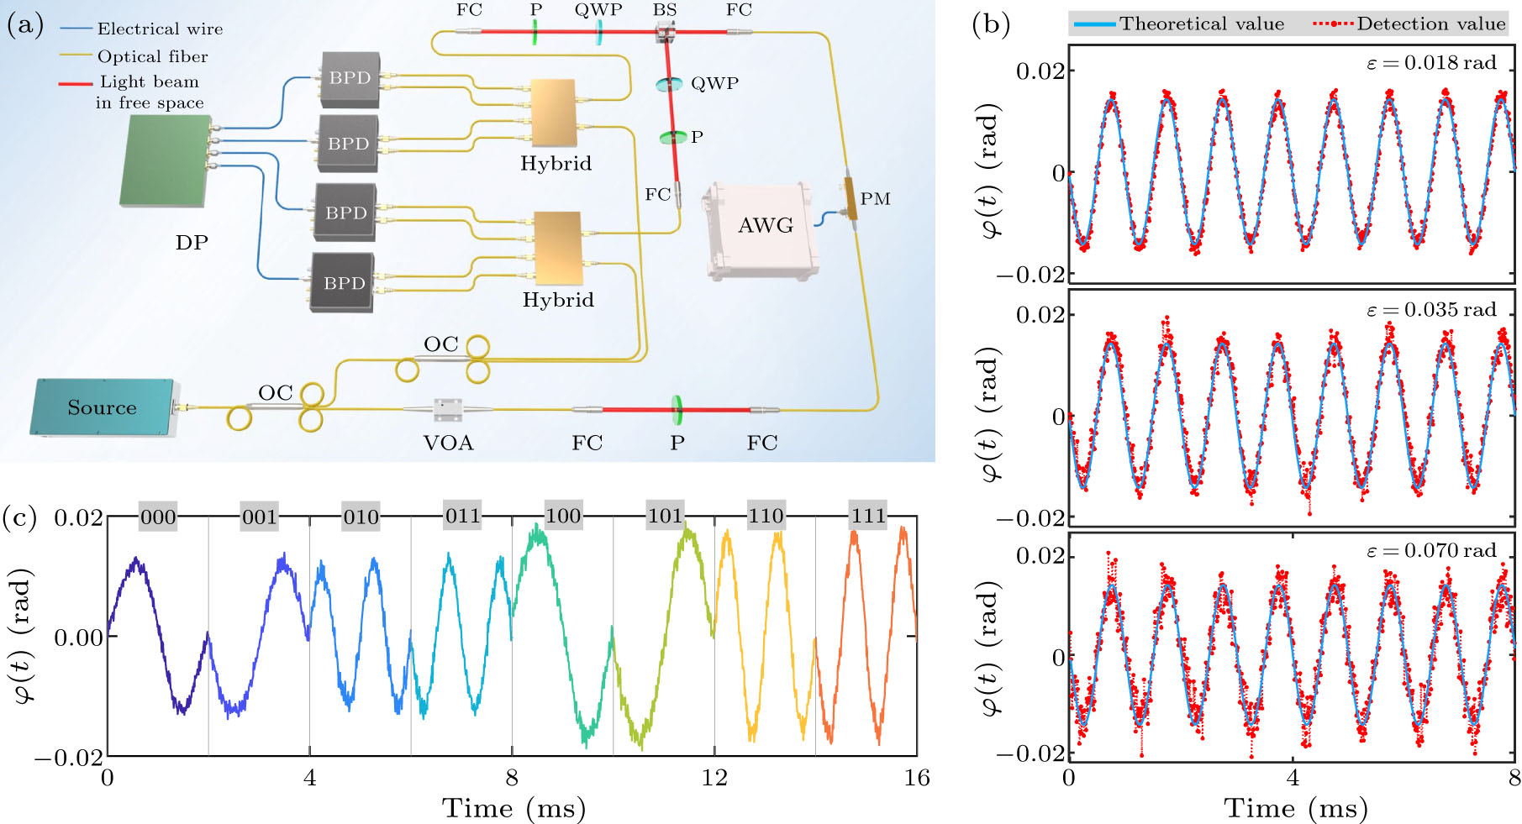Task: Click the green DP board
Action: coord(166,160)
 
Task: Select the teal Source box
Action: coord(103,407)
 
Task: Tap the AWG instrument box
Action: coord(762,228)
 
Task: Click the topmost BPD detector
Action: coord(350,78)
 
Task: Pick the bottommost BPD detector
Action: coord(343,283)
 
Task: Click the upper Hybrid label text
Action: coord(556,163)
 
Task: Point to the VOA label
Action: coord(448,443)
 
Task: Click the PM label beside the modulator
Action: coord(875,199)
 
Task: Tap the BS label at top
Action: coord(665,10)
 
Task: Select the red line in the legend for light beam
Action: coord(76,84)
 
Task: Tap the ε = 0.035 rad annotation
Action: coord(1430,310)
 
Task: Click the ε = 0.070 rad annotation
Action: coord(1430,551)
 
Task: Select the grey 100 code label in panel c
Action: coord(563,516)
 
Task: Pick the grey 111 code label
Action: coord(867,516)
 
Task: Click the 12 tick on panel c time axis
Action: coord(714,778)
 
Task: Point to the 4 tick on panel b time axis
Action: coord(1292,778)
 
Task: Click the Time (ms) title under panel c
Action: coord(513,808)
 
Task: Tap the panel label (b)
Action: coord(990,24)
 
